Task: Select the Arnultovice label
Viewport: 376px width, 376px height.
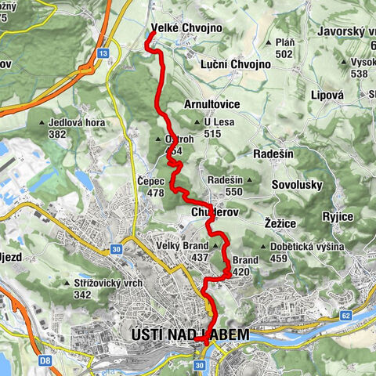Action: [211, 103]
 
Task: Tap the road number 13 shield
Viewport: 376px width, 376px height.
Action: [103, 52]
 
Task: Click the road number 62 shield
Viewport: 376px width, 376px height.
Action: [345, 316]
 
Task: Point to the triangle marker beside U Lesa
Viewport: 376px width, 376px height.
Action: [197, 122]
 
